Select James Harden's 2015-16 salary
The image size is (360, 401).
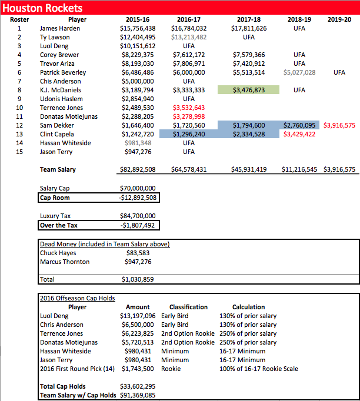pos(138,28)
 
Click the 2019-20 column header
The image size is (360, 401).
pos(339,19)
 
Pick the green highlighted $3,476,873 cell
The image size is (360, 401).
pos(248,90)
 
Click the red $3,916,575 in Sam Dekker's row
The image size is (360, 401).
pos(339,125)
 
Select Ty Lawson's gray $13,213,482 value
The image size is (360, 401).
pos(189,37)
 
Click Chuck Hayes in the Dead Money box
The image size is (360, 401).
pos(58,253)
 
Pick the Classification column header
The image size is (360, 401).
pos(188,307)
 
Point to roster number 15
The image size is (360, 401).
pos(19,152)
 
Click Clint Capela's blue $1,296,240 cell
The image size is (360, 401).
pos(189,134)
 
